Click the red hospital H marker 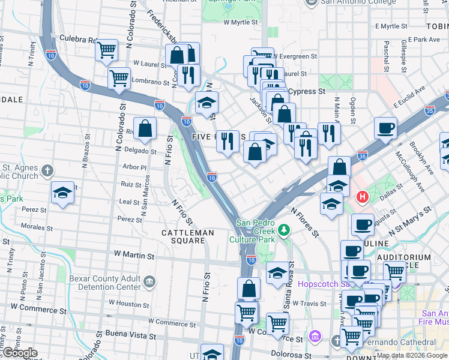[363, 196]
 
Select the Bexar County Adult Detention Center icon [148, 280]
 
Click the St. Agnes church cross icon [48, 172]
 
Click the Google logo [19, 353]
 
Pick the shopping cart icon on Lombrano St [119, 77]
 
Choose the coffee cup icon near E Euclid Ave [385, 127]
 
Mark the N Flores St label [306, 221]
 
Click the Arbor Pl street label [134, 167]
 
